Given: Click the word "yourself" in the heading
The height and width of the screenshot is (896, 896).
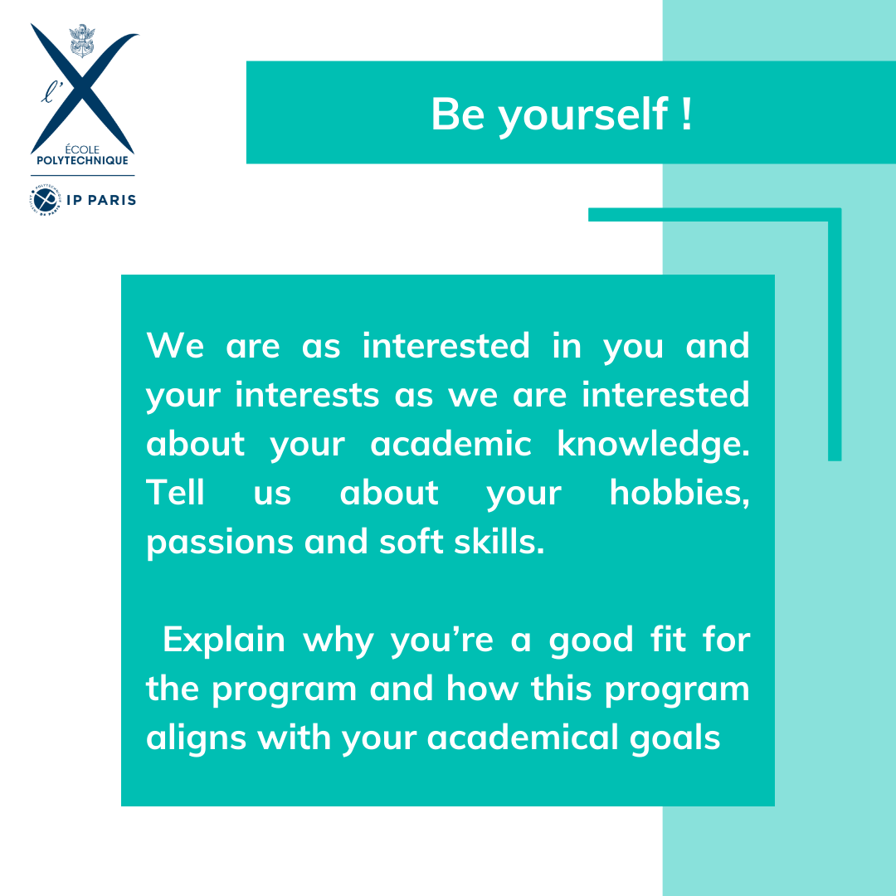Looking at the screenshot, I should coord(581,114).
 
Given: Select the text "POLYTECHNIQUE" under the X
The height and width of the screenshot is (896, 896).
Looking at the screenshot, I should coord(83,160).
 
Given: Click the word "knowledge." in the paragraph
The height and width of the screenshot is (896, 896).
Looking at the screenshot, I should coord(653,444).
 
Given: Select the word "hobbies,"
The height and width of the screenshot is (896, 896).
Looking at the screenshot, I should coord(679,493).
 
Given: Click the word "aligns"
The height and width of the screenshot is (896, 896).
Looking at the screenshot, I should coord(196,738).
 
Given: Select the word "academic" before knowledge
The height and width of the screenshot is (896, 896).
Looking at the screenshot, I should coord(450,444).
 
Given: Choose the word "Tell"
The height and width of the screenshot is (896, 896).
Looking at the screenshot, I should coord(175,493).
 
